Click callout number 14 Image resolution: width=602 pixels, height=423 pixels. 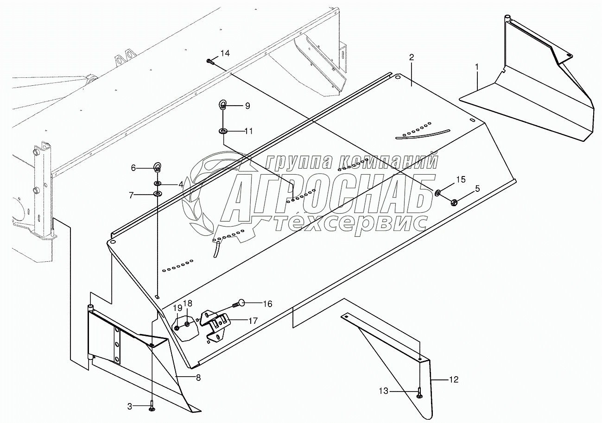(225, 53)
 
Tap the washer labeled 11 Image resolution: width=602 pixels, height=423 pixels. (223, 131)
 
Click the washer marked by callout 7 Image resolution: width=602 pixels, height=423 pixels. (157, 194)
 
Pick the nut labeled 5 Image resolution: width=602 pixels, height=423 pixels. (454, 202)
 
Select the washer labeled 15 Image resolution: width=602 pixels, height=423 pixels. (438, 192)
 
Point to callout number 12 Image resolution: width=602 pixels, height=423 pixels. (453, 379)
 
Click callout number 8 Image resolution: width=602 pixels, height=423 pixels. (198, 378)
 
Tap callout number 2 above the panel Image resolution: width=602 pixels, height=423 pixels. (411, 57)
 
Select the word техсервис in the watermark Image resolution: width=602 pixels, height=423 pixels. (350, 223)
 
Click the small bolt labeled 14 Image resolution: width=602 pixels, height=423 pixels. (210, 61)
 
